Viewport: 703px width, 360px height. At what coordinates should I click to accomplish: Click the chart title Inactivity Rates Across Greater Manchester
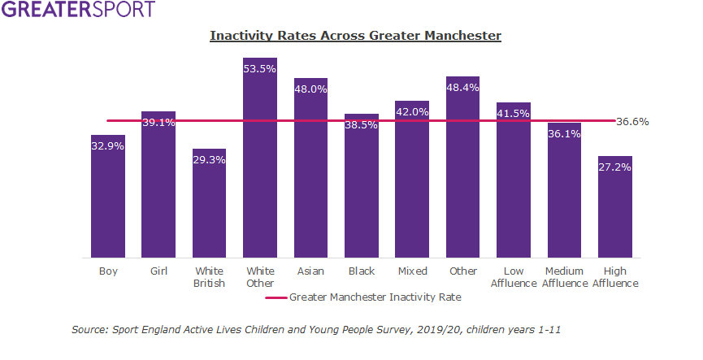pos(355,36)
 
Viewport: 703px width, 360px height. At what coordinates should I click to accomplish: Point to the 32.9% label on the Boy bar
pos(108,146)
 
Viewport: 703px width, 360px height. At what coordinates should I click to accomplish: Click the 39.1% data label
pos(158,122)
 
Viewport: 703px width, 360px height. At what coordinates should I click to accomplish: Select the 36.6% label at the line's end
pos(632,121)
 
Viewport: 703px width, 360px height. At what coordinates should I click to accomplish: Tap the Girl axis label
pos(158,271)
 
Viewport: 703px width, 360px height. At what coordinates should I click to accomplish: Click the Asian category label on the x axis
pos(310,271)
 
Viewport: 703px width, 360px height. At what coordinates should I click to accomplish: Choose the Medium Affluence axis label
pos(564,277)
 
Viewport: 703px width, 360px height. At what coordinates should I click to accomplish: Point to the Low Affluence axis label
pos(514,277)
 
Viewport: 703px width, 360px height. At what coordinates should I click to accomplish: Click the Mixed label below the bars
pos(412,271)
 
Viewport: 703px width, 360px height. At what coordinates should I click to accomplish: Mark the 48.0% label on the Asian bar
pos(310,89)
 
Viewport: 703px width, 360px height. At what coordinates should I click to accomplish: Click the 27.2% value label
pos(615,167)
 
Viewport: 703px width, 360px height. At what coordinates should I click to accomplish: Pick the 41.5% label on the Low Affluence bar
pos(514,114)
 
